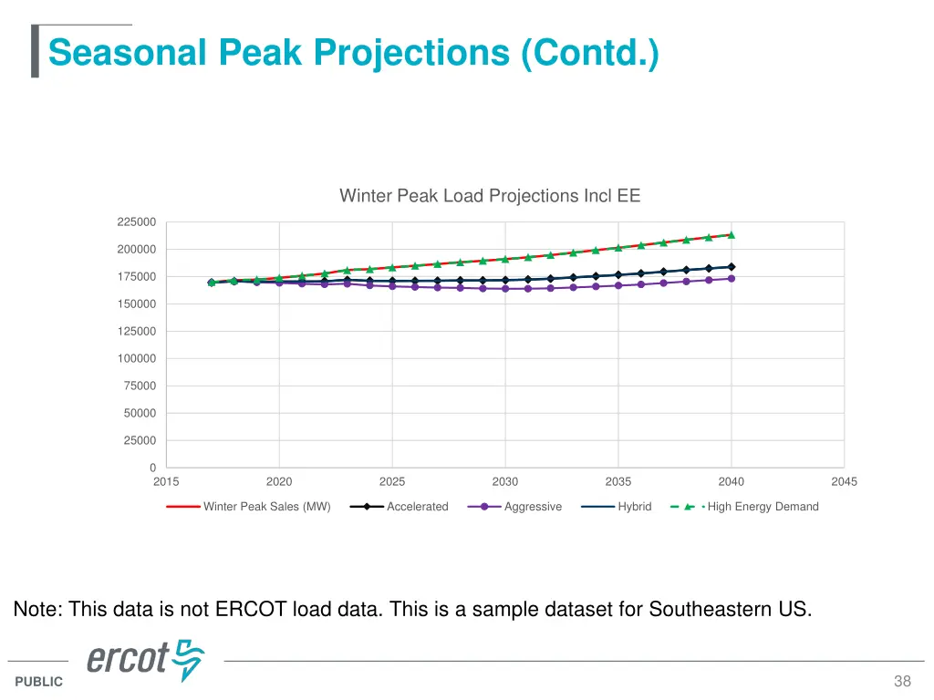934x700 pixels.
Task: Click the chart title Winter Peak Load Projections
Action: [490, 196]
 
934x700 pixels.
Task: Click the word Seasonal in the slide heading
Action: [127, 52]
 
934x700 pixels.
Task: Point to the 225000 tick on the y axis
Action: [136, 222]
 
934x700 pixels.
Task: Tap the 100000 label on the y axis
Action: [136, 359]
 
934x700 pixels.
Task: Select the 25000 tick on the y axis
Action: [139, 441]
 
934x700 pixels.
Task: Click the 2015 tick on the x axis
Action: [166, 482]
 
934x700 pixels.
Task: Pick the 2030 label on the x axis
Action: [504, 482]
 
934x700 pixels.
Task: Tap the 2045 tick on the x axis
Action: [844, 482]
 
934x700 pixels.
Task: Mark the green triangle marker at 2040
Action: [731, 234]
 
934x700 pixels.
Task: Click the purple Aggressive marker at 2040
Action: [731, 279]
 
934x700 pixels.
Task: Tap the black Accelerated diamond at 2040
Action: [731, 267]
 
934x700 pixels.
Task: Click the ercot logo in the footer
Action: [145, 660]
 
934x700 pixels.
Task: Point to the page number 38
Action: [902, 682]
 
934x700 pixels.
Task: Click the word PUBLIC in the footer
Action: [39, 682]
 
